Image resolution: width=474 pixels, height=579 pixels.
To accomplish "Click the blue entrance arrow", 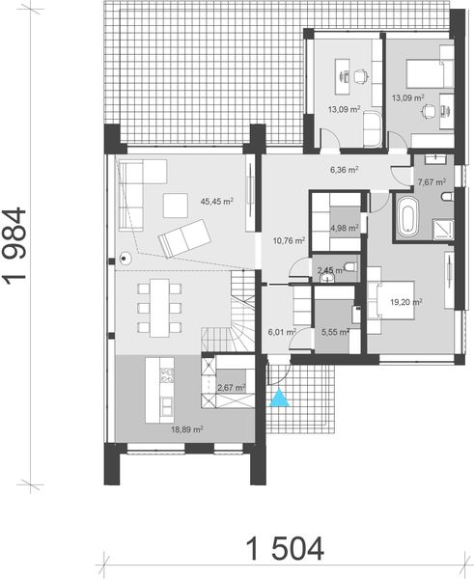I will [279, 399].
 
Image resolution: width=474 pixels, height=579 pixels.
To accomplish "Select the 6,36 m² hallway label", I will [344, 170].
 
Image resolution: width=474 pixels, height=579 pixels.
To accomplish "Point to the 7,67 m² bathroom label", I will [431, 180].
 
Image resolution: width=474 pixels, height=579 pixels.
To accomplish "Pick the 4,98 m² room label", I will [344, 229].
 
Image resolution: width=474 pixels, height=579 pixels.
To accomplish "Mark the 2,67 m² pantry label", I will [231, 387].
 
